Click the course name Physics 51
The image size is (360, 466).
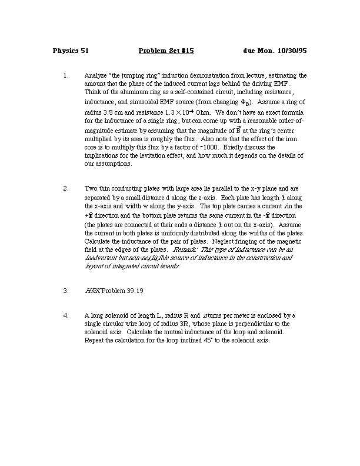pyautogui.click(x=71, y=51)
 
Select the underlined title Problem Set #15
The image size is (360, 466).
pyautogui.click(x=166, y=51)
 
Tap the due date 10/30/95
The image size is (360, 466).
pyautogui.click(x=291, y=51)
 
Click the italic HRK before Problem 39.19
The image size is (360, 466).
pyautogui.click(x=93, y=290)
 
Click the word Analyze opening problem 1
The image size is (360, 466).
pyautogui.click(x=97, y=76)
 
